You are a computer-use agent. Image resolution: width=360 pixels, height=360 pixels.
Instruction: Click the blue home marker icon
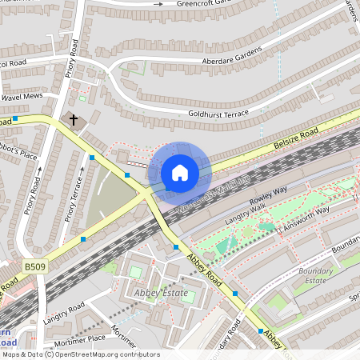point(180,172)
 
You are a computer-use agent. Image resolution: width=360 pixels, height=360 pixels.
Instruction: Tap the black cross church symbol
point(74,120)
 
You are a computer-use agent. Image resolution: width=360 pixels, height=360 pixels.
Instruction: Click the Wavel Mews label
point(22,97)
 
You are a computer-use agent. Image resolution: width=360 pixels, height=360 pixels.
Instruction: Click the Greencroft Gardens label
point(226,4)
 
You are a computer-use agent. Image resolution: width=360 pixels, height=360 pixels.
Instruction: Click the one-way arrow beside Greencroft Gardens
point(158,4)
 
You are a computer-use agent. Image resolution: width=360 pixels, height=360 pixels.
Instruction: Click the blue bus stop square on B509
point(83,239)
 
